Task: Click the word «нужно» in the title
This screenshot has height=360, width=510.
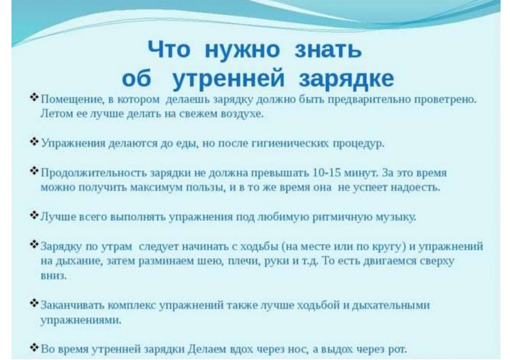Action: coord(242,50)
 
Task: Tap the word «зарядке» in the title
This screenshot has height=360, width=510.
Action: coord(346,78)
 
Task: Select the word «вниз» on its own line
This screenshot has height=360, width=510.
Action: coord(53,275)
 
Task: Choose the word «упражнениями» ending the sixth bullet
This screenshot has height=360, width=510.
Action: coord(81,320)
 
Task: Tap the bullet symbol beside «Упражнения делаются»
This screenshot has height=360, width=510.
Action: coord(34,141)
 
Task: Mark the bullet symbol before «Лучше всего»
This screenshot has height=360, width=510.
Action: coord(34,215)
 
